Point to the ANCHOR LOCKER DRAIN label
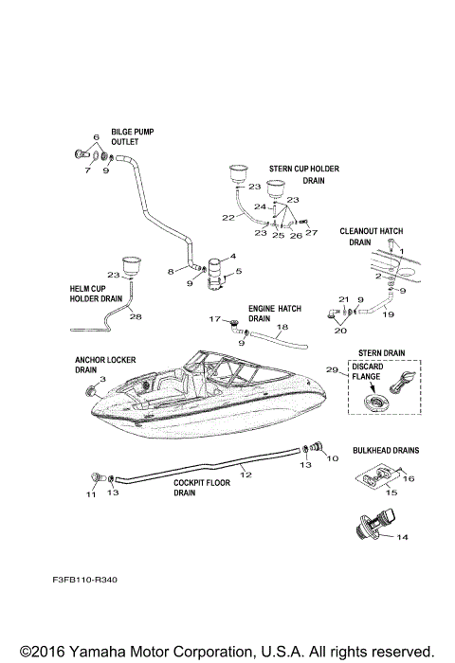pyautogui.click(x=100, y=366)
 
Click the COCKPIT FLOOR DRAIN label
pyautogui.click(x=197, y=487)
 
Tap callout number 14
pyautogui.click(x=402, y=537)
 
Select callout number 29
pyautogui.click(x=332, y=369)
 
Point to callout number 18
pyautogui.click(x=281, y=326)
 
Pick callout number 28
pyautogui.click(x=135, y=316)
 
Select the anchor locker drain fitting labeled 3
pyautogui.click(x=93, y=391)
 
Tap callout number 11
pyautogui.click(x=91, y=494)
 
